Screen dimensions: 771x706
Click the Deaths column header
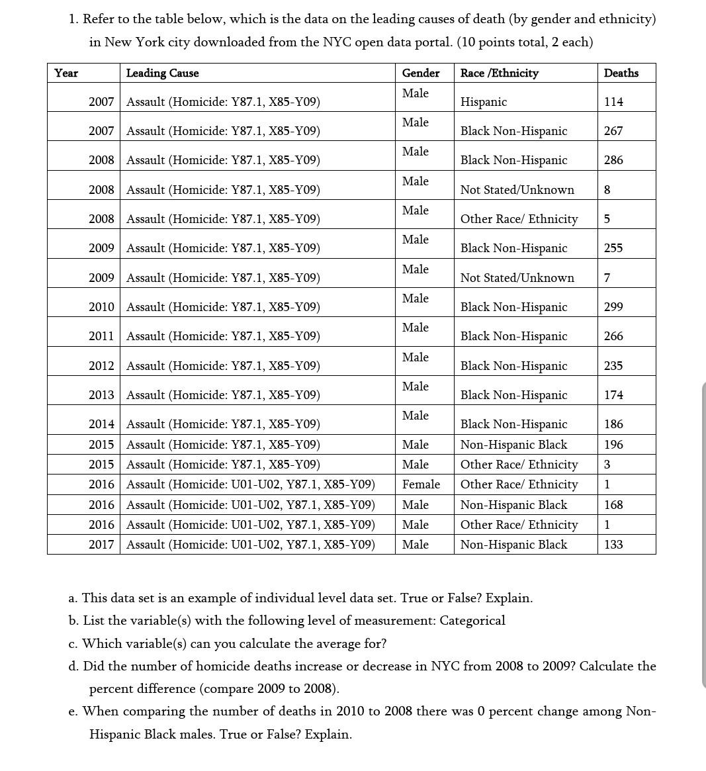[621, 73]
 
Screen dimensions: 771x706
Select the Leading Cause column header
[162, 73]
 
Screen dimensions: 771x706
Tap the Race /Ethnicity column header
[499, 73]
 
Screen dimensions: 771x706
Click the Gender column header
[420, 73]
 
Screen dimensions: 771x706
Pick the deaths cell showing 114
[613, 102]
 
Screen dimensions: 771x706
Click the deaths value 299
[613, 307]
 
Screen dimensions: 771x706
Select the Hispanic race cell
[484, 102]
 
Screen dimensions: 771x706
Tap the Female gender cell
[421, 484]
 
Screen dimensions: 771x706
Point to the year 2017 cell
[101, 545]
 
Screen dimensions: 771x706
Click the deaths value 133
[613, 545]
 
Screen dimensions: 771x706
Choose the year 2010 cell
[101, 307]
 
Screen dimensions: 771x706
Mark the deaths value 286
[613, 160]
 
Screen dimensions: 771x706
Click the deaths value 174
[613, 395]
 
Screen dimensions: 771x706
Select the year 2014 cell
[101, 424]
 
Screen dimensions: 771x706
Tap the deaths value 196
[613, 445]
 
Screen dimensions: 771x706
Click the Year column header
[66, 73]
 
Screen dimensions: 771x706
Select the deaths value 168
[613, 505]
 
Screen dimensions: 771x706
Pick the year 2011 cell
[101, 336]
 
